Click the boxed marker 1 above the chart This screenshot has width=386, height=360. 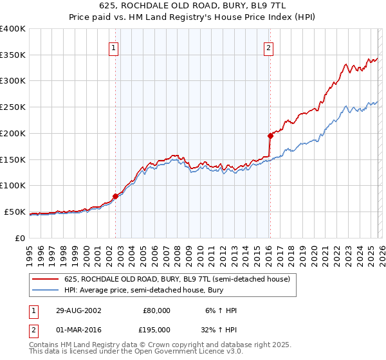pyautogui.click(x=114, y=47)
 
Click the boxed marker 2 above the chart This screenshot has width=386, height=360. pyautogui.click(x=268, y=47)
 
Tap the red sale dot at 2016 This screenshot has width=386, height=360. pyautogui.click(x=270, y=136)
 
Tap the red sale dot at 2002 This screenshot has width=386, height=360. pyautogui.click(x=116, y=196)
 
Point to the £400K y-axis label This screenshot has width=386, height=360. pyautogui.click(x=13, y=29)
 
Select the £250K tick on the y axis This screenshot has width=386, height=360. pyautogui.click(x=13, y=107)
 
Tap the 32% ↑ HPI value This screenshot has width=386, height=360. pyautogui.click(x=218, y=330)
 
